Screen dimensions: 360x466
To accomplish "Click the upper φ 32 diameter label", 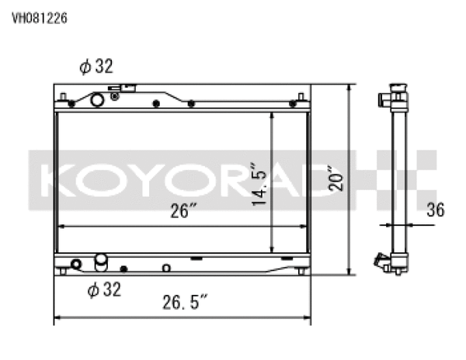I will [x=96, y=67].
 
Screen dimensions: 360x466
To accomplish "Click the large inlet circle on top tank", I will [x=98, y=99].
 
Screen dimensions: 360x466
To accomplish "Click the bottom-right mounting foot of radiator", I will [x=300, y=271].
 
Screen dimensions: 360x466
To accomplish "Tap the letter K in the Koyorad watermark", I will [x=59, y=179].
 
